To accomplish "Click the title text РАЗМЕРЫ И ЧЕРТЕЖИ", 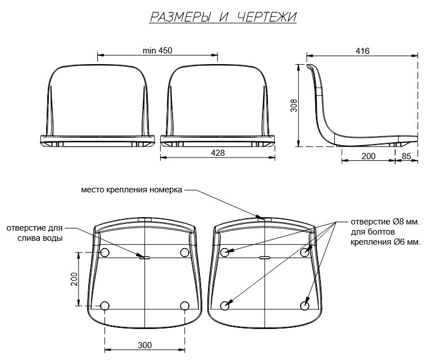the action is click(223, 17).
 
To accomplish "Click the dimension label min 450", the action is click(157, 51).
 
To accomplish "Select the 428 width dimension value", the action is click(218, 153).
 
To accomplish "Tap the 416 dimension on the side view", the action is click(362, 51).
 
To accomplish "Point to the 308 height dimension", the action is click(293, 106).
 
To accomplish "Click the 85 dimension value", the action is click(406, 156).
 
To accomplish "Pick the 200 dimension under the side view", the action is click(368, 156).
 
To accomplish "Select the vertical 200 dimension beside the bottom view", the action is click(74, 279).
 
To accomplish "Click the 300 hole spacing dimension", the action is click(145, 345).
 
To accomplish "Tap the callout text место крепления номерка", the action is click(131, 190).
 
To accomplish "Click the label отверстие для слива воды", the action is click(34, 233).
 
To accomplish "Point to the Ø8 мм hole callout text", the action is click(386, 232).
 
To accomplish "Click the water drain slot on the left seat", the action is click(145, 257).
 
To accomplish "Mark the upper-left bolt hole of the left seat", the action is click(105, 253).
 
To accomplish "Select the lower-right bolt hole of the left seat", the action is click(185, 305).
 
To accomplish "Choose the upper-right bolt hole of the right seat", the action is click(305, 253).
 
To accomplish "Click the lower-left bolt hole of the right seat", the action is click(225, 305).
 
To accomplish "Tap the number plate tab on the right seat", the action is click(264, 219).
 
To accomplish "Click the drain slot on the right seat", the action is click(265, 257).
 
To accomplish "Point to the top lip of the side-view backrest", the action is click(310, 66).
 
